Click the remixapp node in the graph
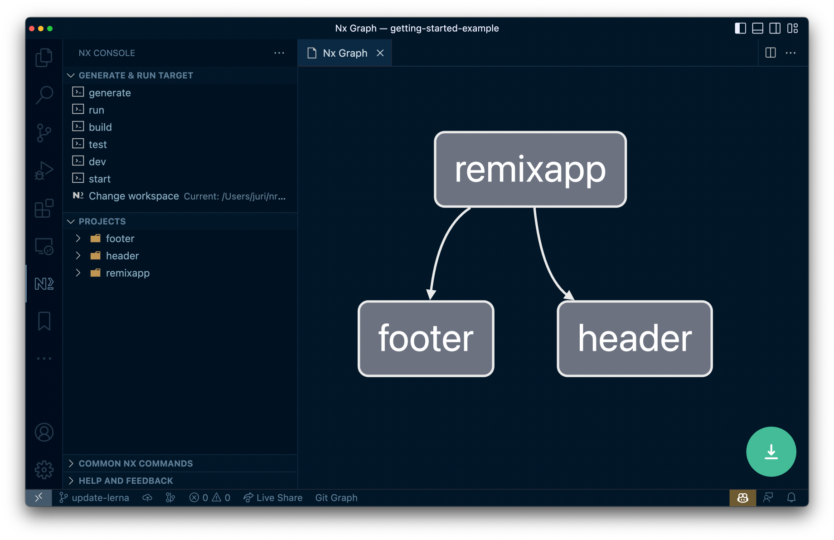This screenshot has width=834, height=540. pos(530,170)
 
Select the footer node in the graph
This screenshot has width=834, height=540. pos(426,339)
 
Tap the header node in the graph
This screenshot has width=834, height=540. pos(635,339)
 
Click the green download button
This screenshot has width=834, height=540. pos(771,452)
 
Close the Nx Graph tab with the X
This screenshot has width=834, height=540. pos(380,53)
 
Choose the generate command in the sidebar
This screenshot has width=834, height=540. pos(110,93)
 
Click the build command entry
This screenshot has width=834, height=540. pos(100,127)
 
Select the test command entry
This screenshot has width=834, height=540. pos(97,145)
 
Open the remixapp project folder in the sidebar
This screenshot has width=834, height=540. pos(127,273)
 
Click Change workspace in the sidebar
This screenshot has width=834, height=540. pos(134,196)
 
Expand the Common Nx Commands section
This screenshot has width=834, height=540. pos(136,463)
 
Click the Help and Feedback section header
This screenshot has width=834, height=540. pos(126,481)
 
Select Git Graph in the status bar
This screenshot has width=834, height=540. pos(336,498)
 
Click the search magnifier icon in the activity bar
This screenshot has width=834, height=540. pos(44,95)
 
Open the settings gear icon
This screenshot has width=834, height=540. pos(44,470)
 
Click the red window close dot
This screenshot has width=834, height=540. pos(32,29)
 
